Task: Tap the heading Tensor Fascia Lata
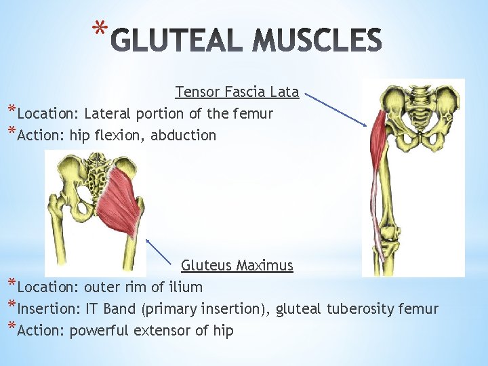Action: pos(237,91)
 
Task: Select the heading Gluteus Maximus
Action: pos(237,266)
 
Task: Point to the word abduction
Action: pos(184,135)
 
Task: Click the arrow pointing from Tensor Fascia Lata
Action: pos(336,108)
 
